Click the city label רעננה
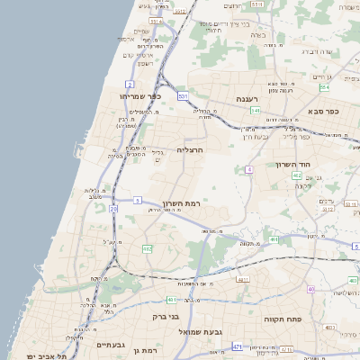pyautogui.click(x=247, y=97)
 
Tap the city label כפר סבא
pyautogui.click(x=322, y=111)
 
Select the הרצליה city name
pyautogui.click(x=189, y=149)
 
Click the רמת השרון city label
pyautogui.click(x=181, y=204)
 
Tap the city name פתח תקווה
pyautogui.click(x=281, y=319)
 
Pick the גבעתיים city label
pyautogui.click(x=111, y=344)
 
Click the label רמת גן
pyautogui.click(x=145, y=349)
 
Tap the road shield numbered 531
pyautogui.click(x=184, y=94)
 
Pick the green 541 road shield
pyautogui.click(x=256, y=111)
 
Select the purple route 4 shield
pyautogui.click(x=249, y=169)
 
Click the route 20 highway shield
pyautogui.click(x=114, y=209)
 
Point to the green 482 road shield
pyautogui.click(x=147, y=247)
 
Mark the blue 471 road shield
pyautogui.click(x=238, y=346)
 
